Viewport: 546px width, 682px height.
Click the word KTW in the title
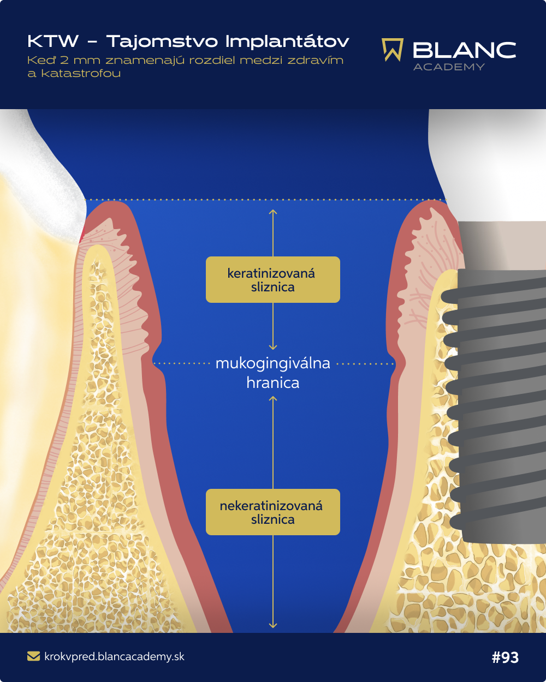[53, 41]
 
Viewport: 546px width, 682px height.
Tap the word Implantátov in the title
[288, 42]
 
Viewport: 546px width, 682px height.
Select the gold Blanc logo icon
[393, 50]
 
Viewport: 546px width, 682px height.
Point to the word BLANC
[464, 50]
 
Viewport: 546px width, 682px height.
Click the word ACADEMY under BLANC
[449, 67]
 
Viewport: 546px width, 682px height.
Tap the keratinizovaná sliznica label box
[273, 280]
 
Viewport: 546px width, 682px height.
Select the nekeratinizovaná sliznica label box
[273, 512]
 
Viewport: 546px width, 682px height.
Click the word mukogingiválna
[273, 363]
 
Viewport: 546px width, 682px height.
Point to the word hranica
[273, 382]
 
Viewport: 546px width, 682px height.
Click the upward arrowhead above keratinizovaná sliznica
[273, 212]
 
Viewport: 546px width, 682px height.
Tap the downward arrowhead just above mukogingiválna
[273, 347]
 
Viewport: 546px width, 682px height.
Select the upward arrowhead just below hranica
[273, 399]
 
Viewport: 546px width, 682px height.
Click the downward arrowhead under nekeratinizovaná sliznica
[273, 626]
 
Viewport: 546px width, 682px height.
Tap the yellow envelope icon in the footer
[34, 656]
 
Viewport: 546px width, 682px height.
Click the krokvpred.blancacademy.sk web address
[114, 656]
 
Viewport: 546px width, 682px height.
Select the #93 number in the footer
[505, 657]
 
